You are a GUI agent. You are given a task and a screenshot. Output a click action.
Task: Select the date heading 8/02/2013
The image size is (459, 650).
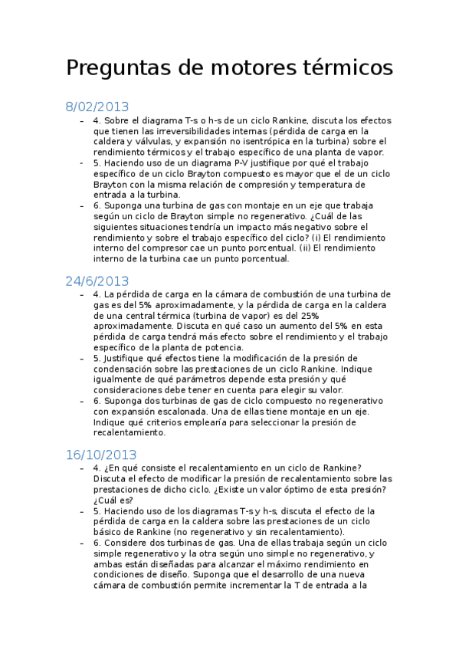[97, 107]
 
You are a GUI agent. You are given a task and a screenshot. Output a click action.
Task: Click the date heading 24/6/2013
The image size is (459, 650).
[97, 281]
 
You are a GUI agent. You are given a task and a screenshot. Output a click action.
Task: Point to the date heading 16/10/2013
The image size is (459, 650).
[101, 455]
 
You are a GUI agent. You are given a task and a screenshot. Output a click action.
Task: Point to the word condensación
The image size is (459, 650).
[126, 369]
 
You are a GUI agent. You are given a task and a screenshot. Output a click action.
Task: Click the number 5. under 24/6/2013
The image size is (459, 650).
[97, 359]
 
